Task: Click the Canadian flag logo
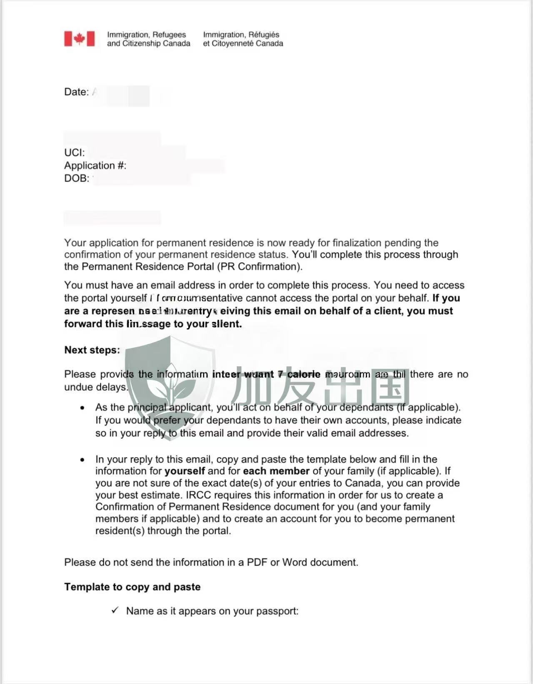[x=79, y=39]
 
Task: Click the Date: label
[x=76, y=92]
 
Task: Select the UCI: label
[x=74, y=153]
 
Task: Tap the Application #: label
[x=95, y=166]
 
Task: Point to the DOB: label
[x=77, y=179]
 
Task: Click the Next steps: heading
[x=92, y=350]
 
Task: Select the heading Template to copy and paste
[x=132, y=587]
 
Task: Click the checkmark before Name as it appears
[x=115, y=611]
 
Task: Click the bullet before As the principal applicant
[x=83, y=407]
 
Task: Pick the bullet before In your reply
[x=83, y=460]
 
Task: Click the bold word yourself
[x=185, y=471]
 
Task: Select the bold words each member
[x=276, y=471]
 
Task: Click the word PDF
[x=257, y=562]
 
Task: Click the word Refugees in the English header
[x=169, y=35]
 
